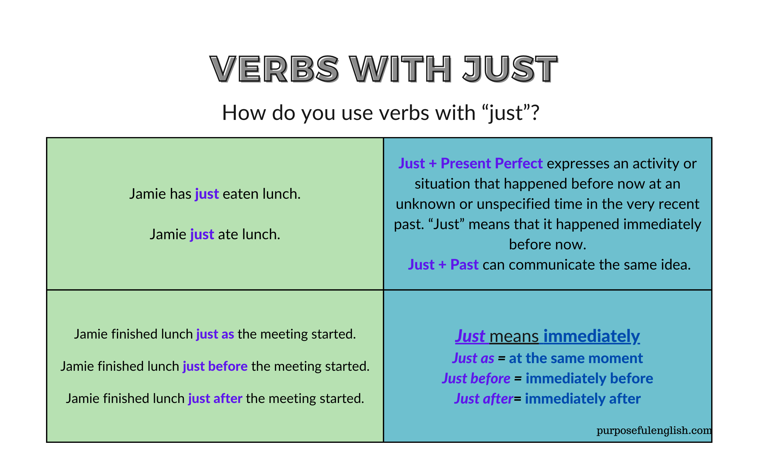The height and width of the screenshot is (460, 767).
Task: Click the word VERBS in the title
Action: (x=274, y=69)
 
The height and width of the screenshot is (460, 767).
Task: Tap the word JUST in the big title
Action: (x=510, y=69)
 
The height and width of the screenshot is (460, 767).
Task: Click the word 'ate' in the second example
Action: (x=228, y=234)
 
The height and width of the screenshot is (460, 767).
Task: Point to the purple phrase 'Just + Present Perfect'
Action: (x=470, y=163)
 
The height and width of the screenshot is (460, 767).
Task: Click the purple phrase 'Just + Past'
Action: (x=443, y=265)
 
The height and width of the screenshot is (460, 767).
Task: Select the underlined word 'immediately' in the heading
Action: (x=591, y=336)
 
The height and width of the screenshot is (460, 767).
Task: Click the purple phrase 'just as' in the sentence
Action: (x=215, y=334)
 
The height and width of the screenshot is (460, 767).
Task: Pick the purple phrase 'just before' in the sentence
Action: (x=215, y=366)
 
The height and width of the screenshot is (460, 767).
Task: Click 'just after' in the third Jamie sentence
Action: (x=215, y=399)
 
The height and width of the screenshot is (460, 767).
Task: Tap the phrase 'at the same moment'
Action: (x=576, y=358)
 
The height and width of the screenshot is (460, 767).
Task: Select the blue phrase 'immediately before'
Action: (x=589, y=378)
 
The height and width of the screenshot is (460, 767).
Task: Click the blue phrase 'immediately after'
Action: (x=583, y=399)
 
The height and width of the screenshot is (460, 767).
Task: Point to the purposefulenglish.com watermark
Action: (x=654, y=430)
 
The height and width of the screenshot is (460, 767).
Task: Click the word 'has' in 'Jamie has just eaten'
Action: (x=181, y=194)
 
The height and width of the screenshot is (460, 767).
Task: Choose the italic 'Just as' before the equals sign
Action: (x=473, y=358)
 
